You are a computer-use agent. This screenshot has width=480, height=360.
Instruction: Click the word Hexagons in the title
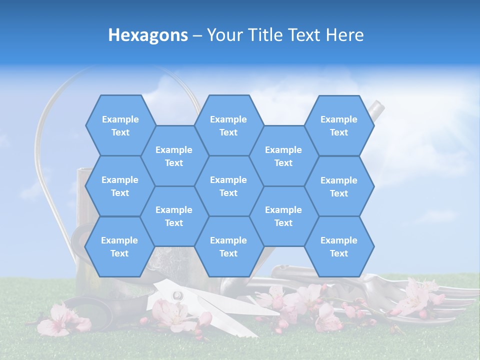coord(148,35)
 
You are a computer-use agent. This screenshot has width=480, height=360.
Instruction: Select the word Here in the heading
coord(344,35)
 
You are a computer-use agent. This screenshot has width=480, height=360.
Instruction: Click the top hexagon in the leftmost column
coord(120,125)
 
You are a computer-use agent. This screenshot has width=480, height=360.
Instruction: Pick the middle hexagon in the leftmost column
coord(120,186)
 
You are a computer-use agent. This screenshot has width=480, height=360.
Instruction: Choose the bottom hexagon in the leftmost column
coord(119,246)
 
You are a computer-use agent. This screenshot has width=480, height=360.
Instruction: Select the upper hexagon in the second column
coord(174,156)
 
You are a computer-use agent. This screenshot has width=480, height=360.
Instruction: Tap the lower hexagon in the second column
coord(174,216)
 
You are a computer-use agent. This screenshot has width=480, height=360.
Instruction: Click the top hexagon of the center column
coord(228,125)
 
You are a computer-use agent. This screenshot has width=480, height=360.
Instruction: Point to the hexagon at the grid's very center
coord(228,186)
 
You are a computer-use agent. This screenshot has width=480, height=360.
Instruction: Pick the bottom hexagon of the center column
coord(228,246)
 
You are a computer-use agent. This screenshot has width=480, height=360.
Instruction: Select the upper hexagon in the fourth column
coord(283,156)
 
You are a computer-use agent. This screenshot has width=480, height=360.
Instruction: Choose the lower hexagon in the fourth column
coord(283,216)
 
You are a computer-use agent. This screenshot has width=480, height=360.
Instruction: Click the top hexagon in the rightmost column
coord(339,125)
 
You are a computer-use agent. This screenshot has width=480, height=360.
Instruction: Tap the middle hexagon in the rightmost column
coord(339,186)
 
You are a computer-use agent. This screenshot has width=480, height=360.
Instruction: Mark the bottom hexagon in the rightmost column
coord(339,246)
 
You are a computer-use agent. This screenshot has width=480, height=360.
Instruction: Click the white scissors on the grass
coord(210,305)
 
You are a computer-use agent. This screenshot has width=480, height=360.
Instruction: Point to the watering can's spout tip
coord(377,105)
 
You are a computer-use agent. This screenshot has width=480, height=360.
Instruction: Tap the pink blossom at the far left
coord(57,320)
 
